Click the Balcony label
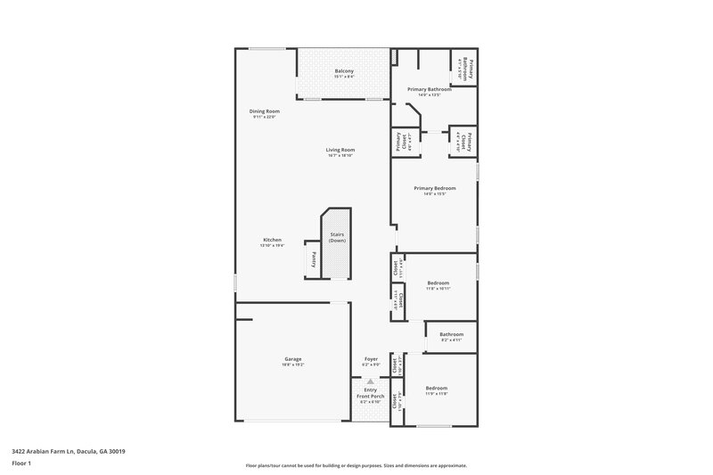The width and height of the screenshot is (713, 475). (x=344, y=71)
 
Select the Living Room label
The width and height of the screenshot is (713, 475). (x=340, y=150)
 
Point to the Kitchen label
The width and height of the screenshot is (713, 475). (x=272, y=239)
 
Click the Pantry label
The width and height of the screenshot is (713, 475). (x=313, y=259)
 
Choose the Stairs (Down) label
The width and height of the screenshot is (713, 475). (x=337, y=238)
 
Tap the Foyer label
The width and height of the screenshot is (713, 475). (x=371, y=358)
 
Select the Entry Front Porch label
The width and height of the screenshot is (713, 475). (x=370, y=392)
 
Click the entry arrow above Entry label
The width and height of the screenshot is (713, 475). (x=371, y=381)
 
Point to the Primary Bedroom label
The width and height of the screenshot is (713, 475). (x=435, y=188)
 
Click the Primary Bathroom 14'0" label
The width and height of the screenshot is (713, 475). (x=430, y=90)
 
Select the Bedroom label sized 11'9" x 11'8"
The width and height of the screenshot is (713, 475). (x=436, y=389)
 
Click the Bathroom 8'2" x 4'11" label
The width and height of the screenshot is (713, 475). (x=451, y=334)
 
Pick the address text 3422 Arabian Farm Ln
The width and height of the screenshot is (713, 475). (x=69, y=452)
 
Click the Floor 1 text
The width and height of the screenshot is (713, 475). (x=22, y=463)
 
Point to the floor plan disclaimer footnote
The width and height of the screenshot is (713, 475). (x=356, y=465)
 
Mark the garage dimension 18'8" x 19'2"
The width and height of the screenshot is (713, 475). (x=293, y=364)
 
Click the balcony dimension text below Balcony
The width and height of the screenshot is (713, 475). (x=344, y=77)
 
